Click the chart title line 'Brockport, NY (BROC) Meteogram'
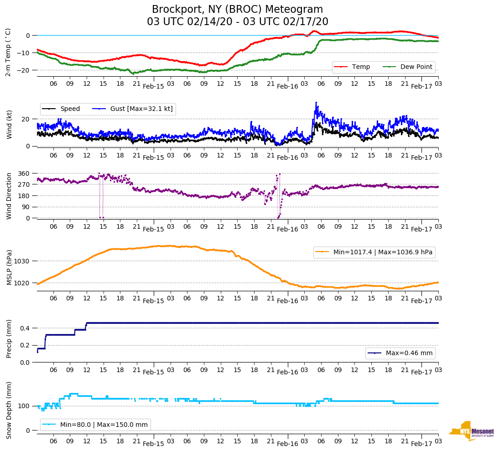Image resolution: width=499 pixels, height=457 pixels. [x=237, y=10]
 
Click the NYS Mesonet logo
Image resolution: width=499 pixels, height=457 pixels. [x=472, y=431]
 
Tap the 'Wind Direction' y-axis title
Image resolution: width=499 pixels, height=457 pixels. [x=9, y=195]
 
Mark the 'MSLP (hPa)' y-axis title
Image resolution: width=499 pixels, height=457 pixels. [x=9, y=268]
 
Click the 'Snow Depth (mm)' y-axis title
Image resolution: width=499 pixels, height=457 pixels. [x=9, y=410]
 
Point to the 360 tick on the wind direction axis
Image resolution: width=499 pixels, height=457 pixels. [x=24, y=173]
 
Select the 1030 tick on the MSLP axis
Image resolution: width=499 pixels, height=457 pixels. [x=22, y=261]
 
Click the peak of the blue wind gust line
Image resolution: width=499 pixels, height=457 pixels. [x=316, y=103]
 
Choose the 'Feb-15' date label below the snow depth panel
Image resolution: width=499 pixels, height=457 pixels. [x=153, y=444]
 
